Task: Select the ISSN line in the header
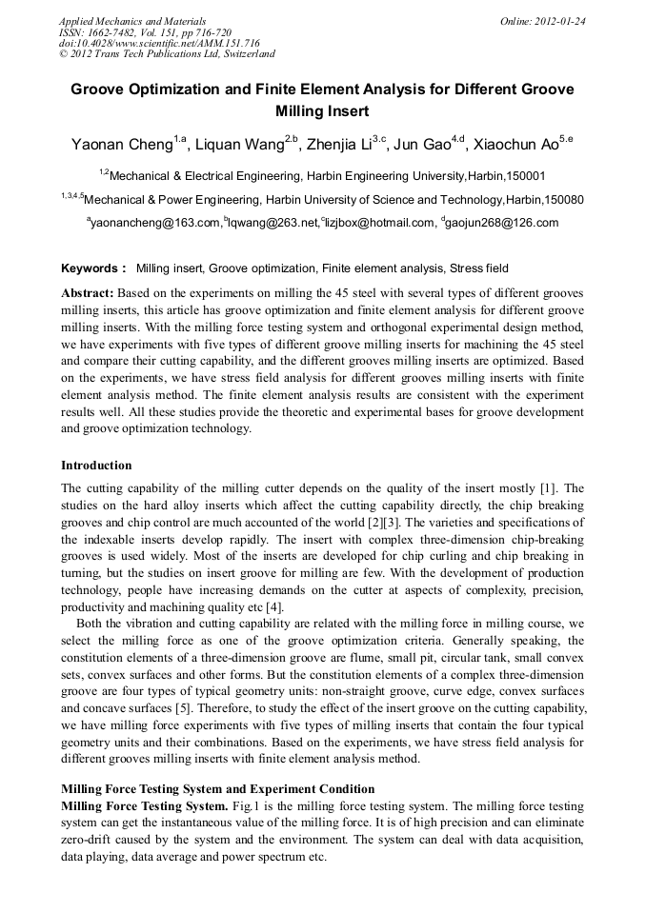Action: [x=146, y=32]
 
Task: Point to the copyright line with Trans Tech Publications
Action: [x=167, y=55]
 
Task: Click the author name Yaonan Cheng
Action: [x=121, y=145]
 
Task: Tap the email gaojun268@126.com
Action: [x=501, y=223]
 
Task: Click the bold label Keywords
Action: [x=92, y=268]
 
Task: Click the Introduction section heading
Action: [x=96, y=466]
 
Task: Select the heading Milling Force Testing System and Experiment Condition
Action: [x=217, y=789]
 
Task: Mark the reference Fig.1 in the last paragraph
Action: [x=246, y=805]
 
